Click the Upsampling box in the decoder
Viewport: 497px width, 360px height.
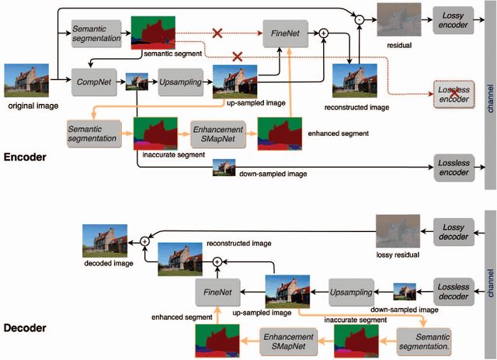[x=353, y=292]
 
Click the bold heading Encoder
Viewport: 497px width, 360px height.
[x=25, y=157]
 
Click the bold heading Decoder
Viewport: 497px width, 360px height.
[x=25, y=328]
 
